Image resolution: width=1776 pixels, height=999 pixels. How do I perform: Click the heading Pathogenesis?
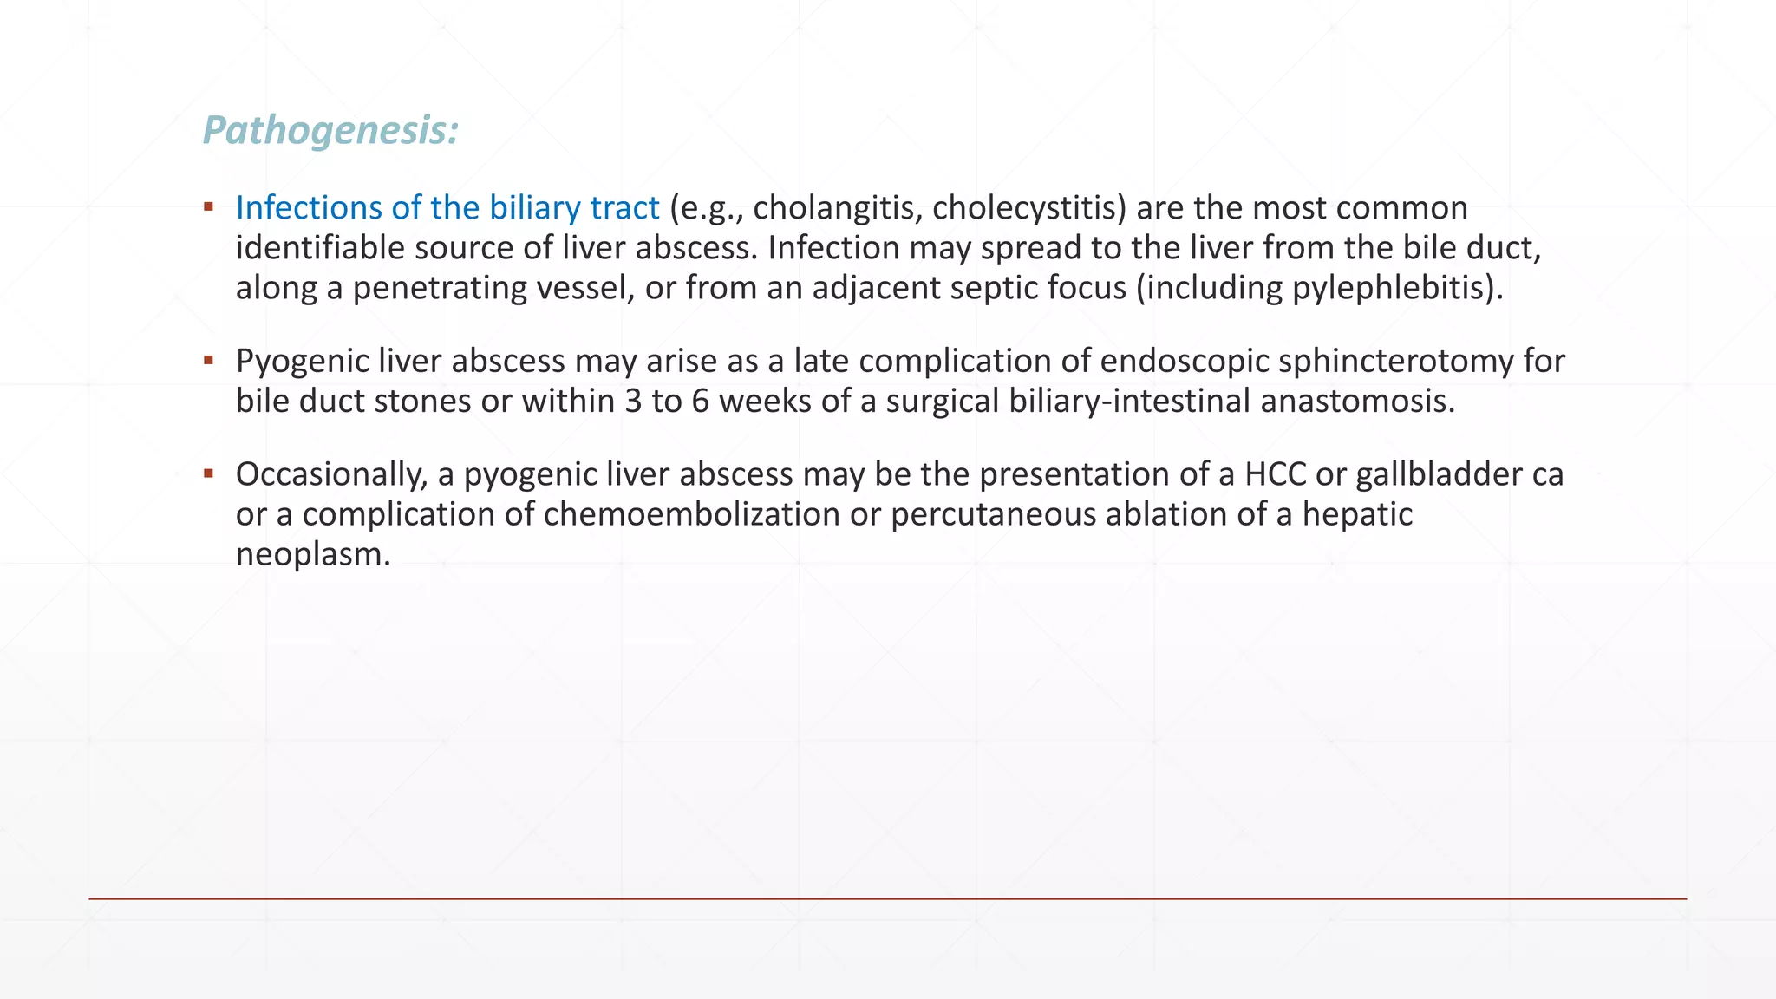point(330,131)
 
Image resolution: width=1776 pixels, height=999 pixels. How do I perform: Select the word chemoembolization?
point(692,514)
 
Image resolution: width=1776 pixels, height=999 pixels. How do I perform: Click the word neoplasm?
point(313,554)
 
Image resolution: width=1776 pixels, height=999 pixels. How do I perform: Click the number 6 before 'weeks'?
point(701,401)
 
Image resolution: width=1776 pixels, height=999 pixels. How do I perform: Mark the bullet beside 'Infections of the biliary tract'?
point(208,206)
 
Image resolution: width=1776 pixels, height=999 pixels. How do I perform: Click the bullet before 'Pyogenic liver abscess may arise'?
point(208,359)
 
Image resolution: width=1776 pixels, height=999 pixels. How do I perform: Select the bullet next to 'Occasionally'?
point(208,473)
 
